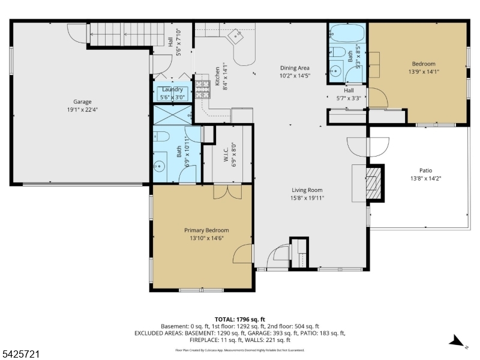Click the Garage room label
[82, 102]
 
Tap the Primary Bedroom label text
[206, 230]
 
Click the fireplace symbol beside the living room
[374, 182]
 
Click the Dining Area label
[294, 68]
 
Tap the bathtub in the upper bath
[347, 32]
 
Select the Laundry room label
[172, 89]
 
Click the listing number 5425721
[21, 355]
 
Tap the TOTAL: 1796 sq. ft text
[239, 319]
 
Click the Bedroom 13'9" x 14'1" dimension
[423, 72]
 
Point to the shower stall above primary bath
[172, 114]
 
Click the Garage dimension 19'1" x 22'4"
[82, 110]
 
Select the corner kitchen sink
[238, 36]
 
